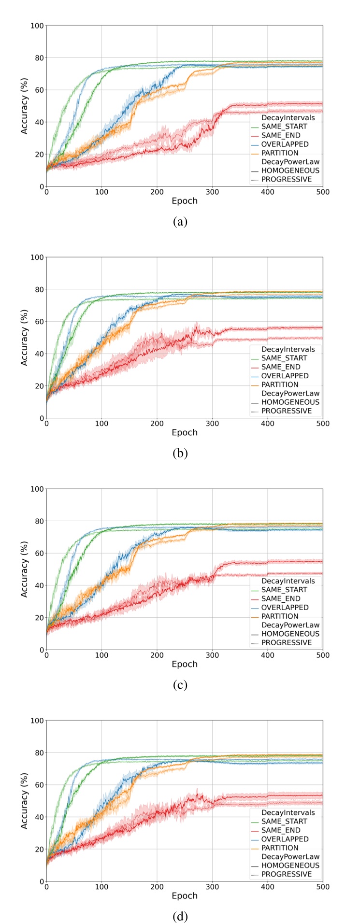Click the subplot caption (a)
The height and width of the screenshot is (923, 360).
click(180, 222)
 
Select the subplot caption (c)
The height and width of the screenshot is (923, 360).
click(180, 685)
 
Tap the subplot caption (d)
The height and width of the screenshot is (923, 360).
click(180, 916)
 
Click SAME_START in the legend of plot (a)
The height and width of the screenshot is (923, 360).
click(284, 127)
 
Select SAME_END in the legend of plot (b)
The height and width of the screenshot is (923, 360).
click(280, 367)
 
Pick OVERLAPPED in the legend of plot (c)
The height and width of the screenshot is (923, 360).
click(285, 608)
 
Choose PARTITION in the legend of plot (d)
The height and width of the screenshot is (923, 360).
click(280, 848)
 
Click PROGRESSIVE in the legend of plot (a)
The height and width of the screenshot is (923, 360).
click(287, 179)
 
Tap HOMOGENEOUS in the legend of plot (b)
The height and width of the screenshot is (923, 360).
click(290, 402)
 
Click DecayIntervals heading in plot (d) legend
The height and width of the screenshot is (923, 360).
click(288, 812)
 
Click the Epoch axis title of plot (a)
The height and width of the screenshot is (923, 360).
click(185, 201)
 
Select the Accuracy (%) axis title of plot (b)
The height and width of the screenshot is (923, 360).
click(25, 337)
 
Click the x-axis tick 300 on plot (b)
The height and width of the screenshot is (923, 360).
click(212, 424)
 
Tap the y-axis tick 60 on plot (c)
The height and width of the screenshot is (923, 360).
click(38, 553)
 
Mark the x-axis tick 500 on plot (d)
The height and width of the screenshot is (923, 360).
click(322, 887)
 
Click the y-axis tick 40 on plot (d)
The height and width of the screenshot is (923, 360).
click(38, 817)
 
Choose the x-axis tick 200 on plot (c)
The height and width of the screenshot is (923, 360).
click(157, 655)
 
